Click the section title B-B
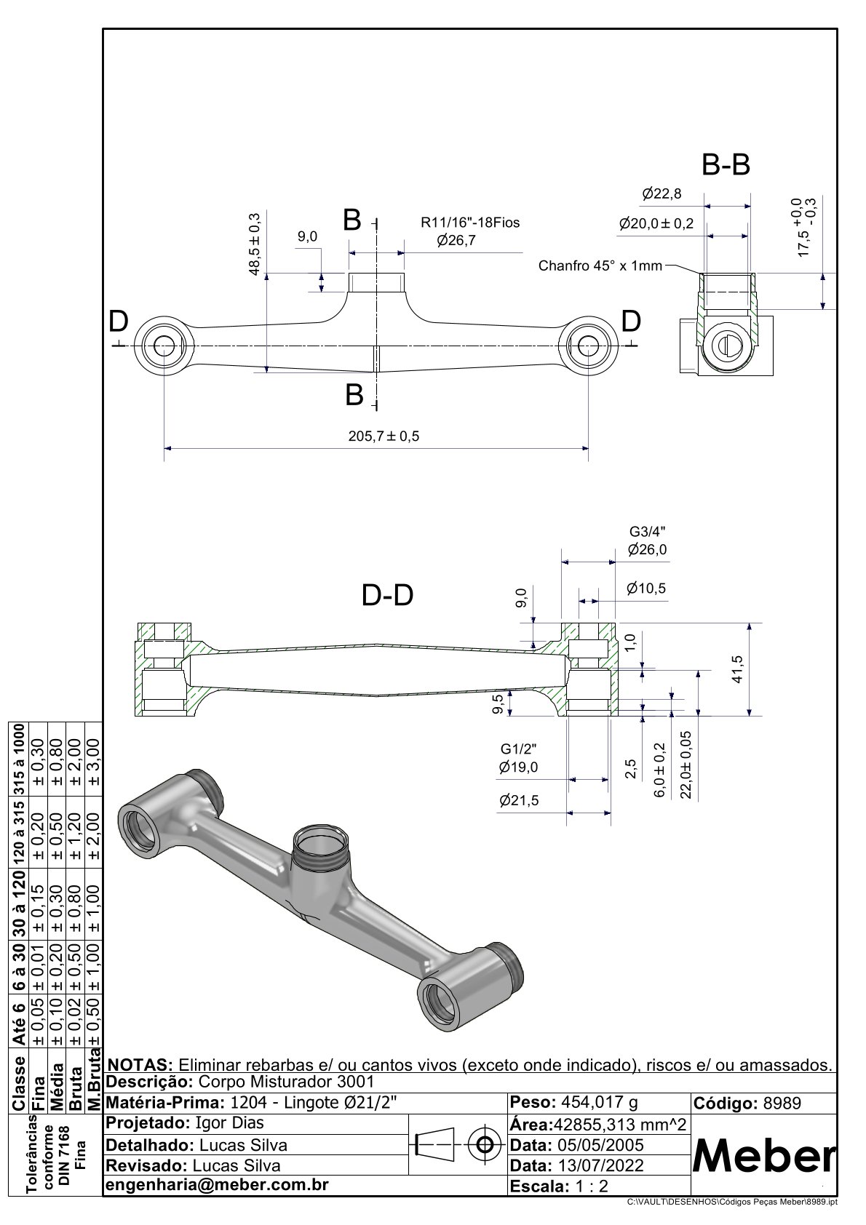point(726,166)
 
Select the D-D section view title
point(387,596)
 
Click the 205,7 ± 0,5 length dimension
point(384,436)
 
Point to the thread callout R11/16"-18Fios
point(470,223)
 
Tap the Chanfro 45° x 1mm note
point(600,266)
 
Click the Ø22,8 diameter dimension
point(662,193)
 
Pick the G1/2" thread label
point(518,749)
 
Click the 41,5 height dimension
point(737,669)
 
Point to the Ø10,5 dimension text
point(646,588)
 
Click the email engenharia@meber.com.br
point(217,1184)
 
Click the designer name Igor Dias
point(230,1123)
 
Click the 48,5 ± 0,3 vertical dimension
point(254,244)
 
